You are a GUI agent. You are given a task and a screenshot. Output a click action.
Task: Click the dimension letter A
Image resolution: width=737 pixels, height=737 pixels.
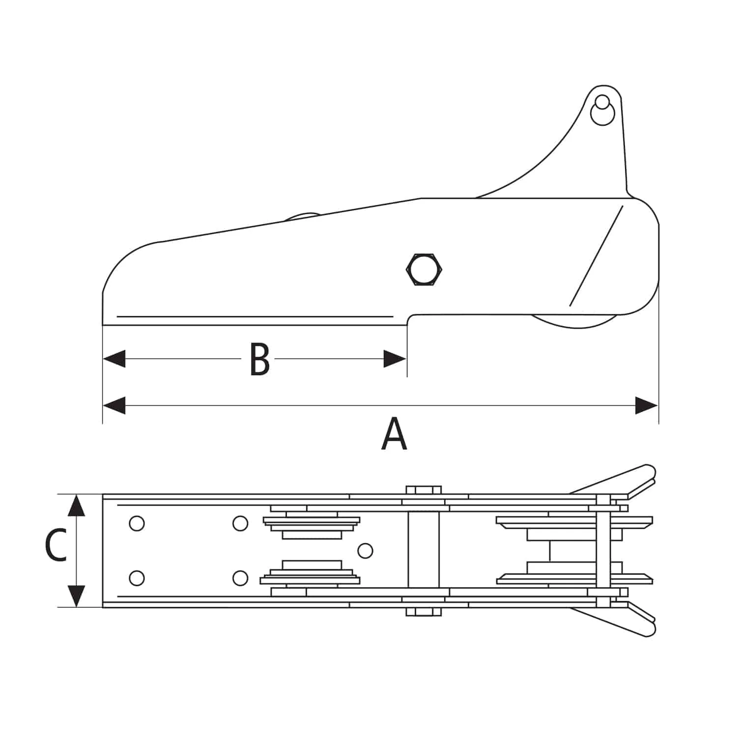(x=394, y=434)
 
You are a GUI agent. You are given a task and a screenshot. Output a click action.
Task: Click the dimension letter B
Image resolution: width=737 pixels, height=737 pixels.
(x=259, y=359)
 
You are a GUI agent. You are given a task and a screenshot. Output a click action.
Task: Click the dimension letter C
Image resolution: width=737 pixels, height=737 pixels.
(x=56, y=545)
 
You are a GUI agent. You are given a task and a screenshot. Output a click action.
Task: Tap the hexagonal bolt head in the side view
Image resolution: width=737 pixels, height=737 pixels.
(x=425, y=269)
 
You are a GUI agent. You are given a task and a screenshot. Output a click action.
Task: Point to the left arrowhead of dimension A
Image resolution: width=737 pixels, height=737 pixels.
(x=114, y=406)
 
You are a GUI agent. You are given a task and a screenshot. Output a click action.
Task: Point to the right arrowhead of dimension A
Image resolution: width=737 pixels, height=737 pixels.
(x=647, y=406)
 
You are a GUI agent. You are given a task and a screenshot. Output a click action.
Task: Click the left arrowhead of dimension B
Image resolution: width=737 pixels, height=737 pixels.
(x=114, y=359)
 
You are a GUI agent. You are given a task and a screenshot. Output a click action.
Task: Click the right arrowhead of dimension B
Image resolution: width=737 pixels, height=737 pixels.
(x=395, y=359)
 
